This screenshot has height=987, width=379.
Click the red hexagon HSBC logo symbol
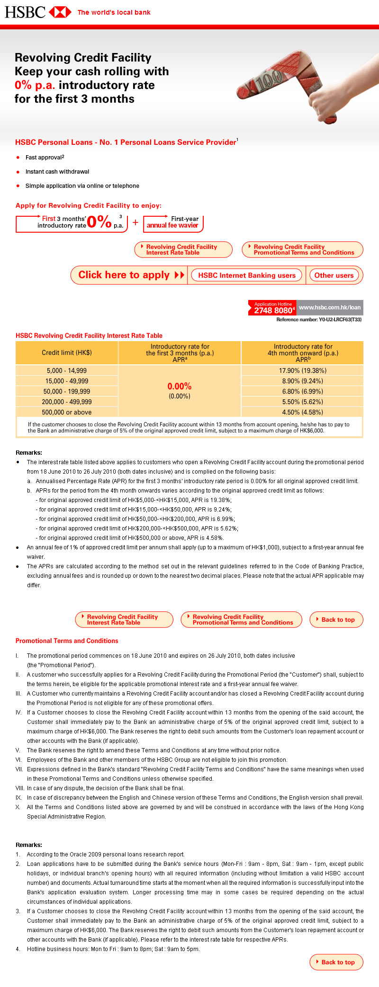pos(60,12)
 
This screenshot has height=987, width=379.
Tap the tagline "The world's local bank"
pos(114,12)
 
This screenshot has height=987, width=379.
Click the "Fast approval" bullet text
pos(45,157)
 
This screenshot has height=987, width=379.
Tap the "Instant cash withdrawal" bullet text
pos(57,172)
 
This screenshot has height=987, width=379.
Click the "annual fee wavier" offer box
pos(173,222)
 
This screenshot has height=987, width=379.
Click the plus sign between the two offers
pos(135,222)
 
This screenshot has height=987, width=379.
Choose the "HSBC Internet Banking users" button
pos(246,275)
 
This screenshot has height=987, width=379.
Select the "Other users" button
pos(334,275)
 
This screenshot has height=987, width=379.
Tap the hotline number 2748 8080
pos(273,310)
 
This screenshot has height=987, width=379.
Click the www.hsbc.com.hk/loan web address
pos(330,307)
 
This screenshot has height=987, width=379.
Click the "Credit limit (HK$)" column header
pos(67,352)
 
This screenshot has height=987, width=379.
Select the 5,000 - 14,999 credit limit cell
pos(67,370)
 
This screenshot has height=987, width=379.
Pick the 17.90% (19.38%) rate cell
pos(302,370)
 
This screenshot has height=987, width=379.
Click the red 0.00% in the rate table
pos(180,386)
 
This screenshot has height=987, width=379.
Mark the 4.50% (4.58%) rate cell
pos(302,412)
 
